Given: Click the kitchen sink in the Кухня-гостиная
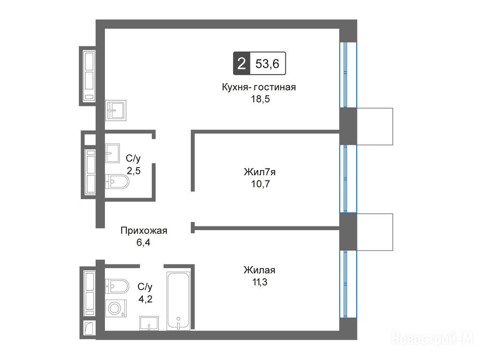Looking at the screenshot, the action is [x=116, y=110].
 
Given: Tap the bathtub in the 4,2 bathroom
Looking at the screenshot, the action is [x=178, y=301].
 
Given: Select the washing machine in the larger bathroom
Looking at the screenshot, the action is [x=116, y=308].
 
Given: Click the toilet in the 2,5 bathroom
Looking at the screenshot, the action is [x=117, y=181].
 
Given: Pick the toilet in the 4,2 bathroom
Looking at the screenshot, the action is [x=117, y=286].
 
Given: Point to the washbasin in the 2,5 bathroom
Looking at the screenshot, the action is [x=112, y=153].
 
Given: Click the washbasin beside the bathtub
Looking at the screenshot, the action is [x=149, y=323].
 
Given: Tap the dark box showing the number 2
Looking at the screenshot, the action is [x=241, y=64].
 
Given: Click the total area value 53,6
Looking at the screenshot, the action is [x=267, y=64].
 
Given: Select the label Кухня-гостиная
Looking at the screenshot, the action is [x=259, y=87].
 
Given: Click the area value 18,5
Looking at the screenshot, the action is [x=261, y=99].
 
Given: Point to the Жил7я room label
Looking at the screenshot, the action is [x=260, y=172].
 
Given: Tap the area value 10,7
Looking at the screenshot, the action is [x=261, y=184].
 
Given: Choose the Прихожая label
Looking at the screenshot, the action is [x=143, y=231].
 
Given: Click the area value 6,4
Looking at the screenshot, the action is [x=143, y=242].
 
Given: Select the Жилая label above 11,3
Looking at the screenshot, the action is [x=259, y=270].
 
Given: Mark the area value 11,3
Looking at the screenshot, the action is [x=260, y=282].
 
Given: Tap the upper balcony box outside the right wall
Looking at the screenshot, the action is [x=375, y=127].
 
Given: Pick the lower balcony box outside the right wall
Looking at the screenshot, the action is [x=375, y=232].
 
